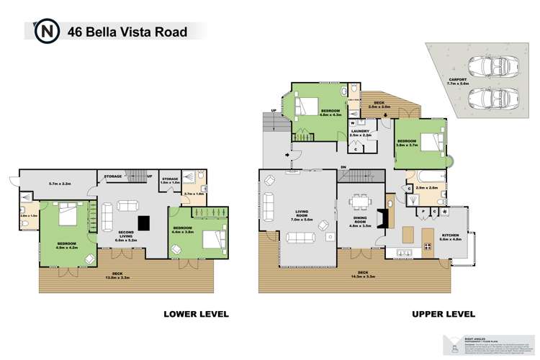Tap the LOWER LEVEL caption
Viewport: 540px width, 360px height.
tap(197, 314)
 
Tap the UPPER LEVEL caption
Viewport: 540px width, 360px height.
tap(443, 314)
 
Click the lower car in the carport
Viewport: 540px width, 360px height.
tap(492, 99)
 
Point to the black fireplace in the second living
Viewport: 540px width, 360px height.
tap(144, 222)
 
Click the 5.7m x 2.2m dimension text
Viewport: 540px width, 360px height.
tap(59, 184)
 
